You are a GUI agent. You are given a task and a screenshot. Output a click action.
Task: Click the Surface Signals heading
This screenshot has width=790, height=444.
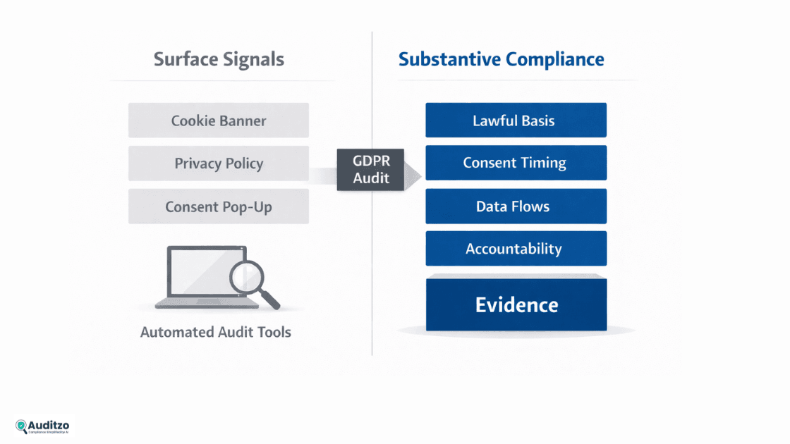pyautogui.click(x=219, y=59)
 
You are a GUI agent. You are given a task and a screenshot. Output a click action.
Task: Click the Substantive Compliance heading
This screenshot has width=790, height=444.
pyautogui.click(x=501, y=59)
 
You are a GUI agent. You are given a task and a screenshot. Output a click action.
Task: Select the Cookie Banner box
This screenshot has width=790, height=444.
pyautogui.click(x=218, y=121)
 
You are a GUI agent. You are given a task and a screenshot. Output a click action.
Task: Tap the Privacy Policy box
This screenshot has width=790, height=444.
pyautogui.click(x=218, y=164)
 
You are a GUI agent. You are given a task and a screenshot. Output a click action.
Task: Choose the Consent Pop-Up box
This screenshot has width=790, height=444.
pyautogui.click(x=218, y=206)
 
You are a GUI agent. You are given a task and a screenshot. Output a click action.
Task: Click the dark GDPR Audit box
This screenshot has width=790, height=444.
pyautogui.click(x=370, y=170)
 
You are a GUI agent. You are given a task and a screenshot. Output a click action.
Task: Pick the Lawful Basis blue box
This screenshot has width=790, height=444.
pyautogui.click(x=516, y=121)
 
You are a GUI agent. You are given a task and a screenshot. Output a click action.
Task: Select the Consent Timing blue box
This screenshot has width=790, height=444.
pyautogui.click(x=516, y=163)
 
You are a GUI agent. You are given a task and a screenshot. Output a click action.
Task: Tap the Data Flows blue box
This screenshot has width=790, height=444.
pyautogui.click(x=516, y=206)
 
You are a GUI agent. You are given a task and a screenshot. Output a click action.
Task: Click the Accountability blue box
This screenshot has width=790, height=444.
pyautogui.click(x=516, y=249)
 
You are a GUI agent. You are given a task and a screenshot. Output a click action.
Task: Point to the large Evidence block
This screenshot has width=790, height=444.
pyautogui.click(x=516, y=304)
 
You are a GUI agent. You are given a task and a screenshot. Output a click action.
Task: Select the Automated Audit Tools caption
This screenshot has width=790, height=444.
pyautogui.click(x=215, y=332)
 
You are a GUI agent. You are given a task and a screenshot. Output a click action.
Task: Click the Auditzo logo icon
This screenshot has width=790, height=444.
pyautogui.click(x=21, y=426)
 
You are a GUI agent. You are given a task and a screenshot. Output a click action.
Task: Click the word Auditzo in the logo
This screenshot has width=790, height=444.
pyautogui.click(x=49, y=424)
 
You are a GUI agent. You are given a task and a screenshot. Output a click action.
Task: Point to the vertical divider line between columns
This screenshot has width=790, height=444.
pyautogui.click(x=372, y=211)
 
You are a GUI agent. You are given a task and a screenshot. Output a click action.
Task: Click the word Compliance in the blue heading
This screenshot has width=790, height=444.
pyautogui.click(x=560, y=59)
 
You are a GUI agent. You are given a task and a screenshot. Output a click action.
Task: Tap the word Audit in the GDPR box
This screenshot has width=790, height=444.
pyautogui.click(x=371, y=178)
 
